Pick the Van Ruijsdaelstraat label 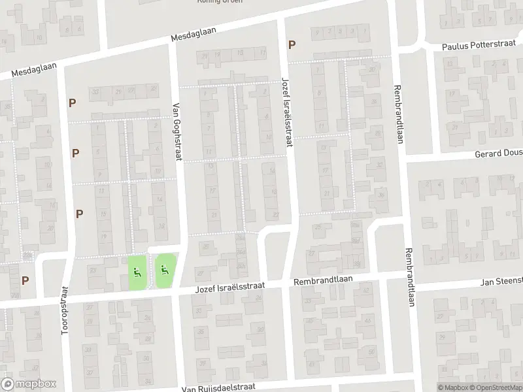216,387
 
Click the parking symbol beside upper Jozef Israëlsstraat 292,45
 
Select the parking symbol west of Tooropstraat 25,280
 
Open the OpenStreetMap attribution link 495,387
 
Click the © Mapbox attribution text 453,387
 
